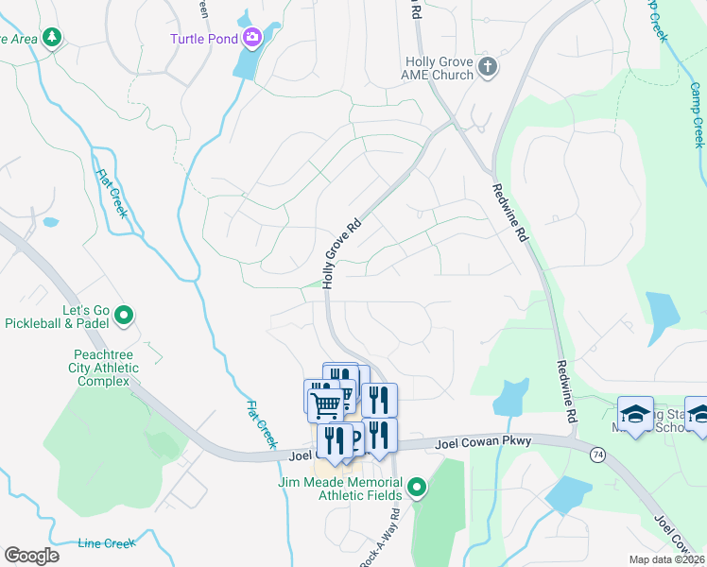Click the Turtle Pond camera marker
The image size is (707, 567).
coord(252,38)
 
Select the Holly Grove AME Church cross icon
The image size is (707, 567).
coord(487,65)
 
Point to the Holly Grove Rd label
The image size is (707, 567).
coord(342,254)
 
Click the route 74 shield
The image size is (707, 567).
coord(596,455)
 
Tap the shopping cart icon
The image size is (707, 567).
coord(325,404)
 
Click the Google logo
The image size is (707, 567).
coord(31,556)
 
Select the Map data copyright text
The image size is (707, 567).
coord(667,559)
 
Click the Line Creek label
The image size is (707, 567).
coord(107,543)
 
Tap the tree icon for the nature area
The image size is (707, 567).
coord(53,37)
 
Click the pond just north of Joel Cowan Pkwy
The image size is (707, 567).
coord(511,399)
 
